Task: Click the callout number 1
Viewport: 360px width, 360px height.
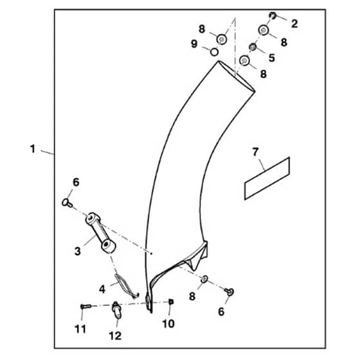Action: tap(33, 148)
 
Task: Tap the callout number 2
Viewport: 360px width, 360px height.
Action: tap(294, 24)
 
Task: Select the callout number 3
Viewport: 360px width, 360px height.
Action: tap(78, 251)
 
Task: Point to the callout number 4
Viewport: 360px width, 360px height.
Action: tap(102, 289)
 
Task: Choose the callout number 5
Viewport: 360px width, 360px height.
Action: tap(272, 58)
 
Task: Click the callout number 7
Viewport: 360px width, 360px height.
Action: tap(255, 152)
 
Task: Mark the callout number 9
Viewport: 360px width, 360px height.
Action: tap(194, 44)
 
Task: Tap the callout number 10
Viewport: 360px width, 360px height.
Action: tap(168, 324)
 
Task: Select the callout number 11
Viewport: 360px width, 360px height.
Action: tap(80, 329)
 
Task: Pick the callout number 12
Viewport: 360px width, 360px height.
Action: tap(115, 336)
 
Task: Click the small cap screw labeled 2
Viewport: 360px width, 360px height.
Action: tap(273, 15)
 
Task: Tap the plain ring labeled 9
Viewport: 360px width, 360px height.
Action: tap(214, 52)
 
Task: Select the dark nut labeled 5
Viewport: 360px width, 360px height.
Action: tap(253, 47)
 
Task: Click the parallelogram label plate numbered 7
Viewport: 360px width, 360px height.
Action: tap(267, 179)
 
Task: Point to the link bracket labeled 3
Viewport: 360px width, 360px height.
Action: tap(100, 232)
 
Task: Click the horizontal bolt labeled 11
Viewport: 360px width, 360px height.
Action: tap(86, 306)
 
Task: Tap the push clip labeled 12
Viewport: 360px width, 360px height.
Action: tap(116, 310)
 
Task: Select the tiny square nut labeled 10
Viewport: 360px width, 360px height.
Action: tap(171, 301)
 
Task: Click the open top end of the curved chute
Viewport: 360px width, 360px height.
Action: tap(237, 76)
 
